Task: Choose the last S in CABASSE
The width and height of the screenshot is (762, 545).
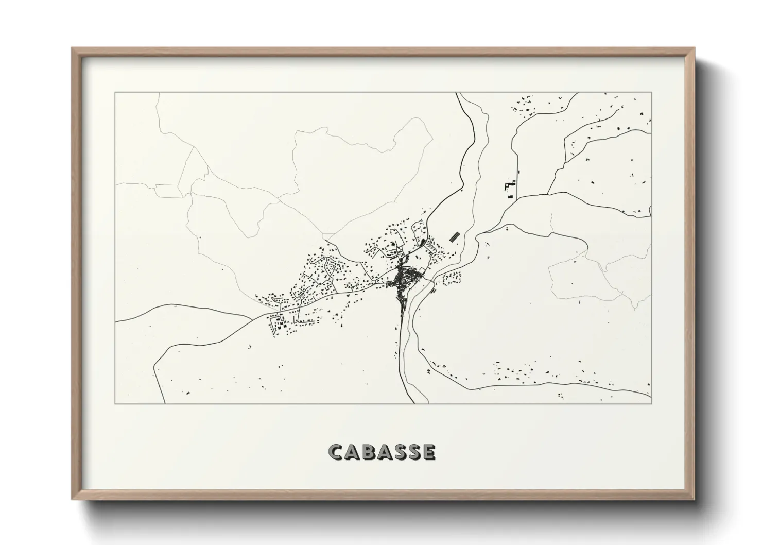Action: tap(413, 452)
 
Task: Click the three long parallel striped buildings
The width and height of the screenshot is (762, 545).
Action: tap(455, 236)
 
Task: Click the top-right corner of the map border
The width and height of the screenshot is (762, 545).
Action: tap(652, 93)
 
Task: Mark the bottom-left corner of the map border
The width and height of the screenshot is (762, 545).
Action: tap(115, 403)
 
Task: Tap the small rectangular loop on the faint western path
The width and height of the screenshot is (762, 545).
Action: tap(169, 191)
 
